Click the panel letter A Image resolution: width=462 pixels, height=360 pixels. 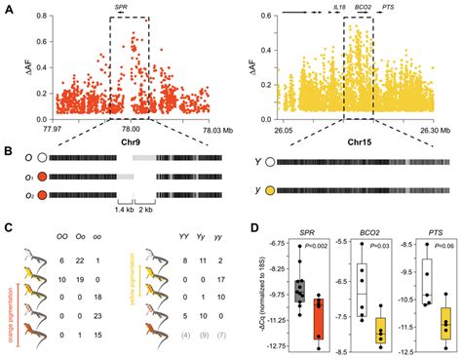8,8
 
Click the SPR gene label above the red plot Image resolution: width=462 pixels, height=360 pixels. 120,7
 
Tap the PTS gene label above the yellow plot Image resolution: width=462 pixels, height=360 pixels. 388,7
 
